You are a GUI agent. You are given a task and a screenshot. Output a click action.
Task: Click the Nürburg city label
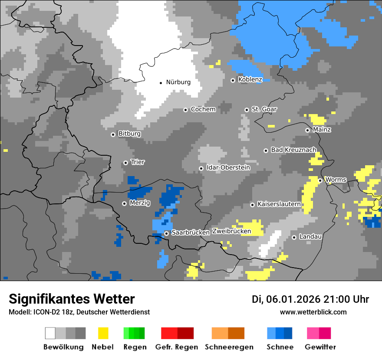(178, 82)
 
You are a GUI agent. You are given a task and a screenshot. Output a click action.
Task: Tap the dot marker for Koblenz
(233, 80)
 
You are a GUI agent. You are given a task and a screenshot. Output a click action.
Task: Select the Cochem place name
(203, 109)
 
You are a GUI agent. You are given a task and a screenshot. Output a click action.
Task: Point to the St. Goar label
(264, 109)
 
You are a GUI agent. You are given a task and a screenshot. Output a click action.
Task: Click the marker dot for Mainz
(307, 130)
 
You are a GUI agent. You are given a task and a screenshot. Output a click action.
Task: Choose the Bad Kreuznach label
(293, 150)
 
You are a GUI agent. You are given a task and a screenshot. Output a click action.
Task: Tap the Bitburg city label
(129, 134)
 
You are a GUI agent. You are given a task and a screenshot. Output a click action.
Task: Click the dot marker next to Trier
(125, 163)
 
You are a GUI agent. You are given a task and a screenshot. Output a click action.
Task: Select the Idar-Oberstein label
(228, 167)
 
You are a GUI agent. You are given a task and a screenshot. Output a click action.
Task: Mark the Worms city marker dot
(320, 180)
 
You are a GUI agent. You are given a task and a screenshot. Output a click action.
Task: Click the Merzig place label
(140, 203)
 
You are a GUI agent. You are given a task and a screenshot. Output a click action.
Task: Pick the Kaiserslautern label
(279, 204)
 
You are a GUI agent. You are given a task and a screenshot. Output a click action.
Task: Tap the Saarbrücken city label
(191, 233)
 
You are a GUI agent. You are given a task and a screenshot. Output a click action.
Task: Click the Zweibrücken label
(231, 231)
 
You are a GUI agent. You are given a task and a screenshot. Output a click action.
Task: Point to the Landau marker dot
(294, 237)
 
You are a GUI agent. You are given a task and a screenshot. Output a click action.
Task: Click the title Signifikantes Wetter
(72, 299)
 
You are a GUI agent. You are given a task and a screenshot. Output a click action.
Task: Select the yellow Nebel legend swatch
(103, 333)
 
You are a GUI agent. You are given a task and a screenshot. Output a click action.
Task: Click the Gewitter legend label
(320, 347)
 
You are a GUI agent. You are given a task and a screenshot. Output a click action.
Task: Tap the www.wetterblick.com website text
(313, 312)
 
